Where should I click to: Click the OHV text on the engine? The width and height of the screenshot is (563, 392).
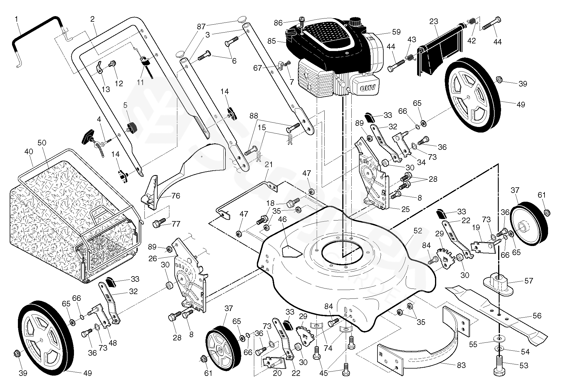coord(366,87)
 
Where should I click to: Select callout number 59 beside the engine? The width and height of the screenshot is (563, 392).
coord(396,32)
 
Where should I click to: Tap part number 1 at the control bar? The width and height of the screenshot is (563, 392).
coord(16,19)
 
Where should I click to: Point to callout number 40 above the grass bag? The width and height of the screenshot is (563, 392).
coord(28,152)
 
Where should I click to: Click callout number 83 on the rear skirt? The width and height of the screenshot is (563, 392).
coord(461,365)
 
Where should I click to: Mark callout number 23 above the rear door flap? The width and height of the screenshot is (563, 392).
coord(434,21)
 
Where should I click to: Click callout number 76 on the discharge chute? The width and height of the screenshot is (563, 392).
coord(176,196)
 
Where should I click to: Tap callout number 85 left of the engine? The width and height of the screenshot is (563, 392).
coord(272,41)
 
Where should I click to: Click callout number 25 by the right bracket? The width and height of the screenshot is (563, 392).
coord(405,209)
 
